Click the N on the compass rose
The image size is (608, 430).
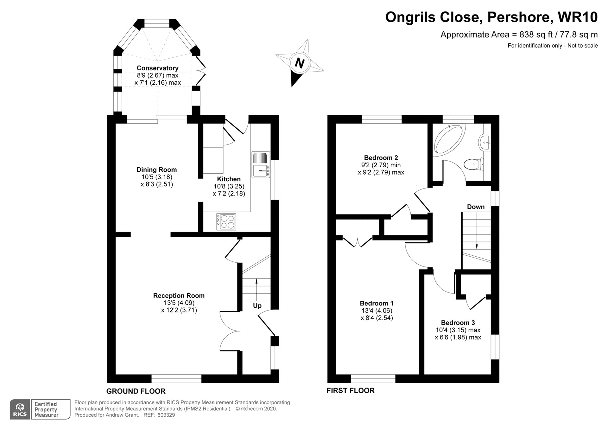(x=299, y=63)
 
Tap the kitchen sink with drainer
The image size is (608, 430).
(x=261, y=164)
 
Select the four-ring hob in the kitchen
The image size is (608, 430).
(x=226, y=222)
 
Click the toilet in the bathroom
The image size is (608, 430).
(x=473, y=164)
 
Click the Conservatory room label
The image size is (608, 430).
(x=157, y=68)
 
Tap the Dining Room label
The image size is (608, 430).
(x=156, y=170)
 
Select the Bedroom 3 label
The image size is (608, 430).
(x=458, y=323)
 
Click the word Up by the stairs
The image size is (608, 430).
(x=257, y=306)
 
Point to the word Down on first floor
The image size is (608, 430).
(x=476, y=207)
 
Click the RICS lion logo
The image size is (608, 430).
(x=20, y=409)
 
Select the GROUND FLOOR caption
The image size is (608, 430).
(x=136, y=391)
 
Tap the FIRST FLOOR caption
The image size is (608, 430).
(x=351, y=390)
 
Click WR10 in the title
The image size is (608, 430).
(x=578, y=17)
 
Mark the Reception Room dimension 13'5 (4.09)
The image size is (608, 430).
(x=179, y=303)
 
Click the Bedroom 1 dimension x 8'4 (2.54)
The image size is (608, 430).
(x=377, y=318)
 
